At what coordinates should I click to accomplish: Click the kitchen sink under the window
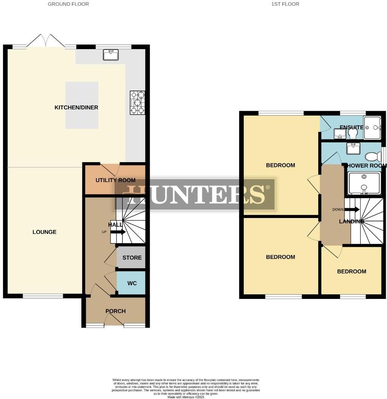[111, 56]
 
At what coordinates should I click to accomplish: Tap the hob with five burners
[138, 102]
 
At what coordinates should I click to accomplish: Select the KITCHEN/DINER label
[76, 108]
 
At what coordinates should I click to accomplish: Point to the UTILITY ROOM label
[115, 180]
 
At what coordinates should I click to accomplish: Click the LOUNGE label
[45, 232]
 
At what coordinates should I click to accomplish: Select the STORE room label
[132, 258]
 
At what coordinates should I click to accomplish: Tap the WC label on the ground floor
[132, 283]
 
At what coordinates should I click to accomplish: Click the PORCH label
[115, 311]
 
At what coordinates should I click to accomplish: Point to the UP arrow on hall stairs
[118, 232]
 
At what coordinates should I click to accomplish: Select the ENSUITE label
[351, 127]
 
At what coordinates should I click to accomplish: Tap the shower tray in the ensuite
[372, 127]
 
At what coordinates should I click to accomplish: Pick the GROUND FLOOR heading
[68, 4]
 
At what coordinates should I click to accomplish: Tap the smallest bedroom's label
[351, 271]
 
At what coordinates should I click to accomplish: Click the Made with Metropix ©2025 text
[185, 397]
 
